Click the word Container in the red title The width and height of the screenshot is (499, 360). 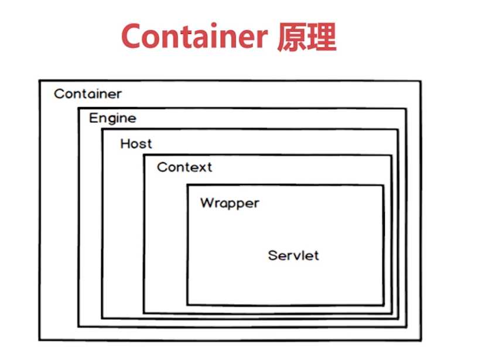[x=194, y=37]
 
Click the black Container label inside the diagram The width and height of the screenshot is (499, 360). [x=88, y=94]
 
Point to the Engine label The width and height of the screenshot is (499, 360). [x=112, y=118]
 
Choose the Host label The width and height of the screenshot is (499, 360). [x=136, y=143]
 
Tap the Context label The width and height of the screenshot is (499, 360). [x=184, y=167]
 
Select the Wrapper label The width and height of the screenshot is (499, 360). [x=230, y=204]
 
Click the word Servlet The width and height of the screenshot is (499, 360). [x=293, y=256]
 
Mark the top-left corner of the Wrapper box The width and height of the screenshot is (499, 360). [x=187, y=185]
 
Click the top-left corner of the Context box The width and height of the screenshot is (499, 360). [x=144, y=156]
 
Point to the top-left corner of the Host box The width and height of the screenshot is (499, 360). [x=102, y=129]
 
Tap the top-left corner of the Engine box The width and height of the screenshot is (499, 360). [x=78, y=108]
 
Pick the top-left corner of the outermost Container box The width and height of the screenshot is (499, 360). [x=40, y=81]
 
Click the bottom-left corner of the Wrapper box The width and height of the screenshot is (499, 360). [x=187, y=304]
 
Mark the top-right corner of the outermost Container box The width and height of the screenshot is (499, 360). [x=421, y=81]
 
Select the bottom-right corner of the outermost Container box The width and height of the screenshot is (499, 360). [x=421, y=340]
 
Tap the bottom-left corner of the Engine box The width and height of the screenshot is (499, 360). [x=78, y=326]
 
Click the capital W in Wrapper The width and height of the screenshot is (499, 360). [x=207, y=203]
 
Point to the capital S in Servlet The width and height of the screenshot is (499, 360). [x=273, y=256]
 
